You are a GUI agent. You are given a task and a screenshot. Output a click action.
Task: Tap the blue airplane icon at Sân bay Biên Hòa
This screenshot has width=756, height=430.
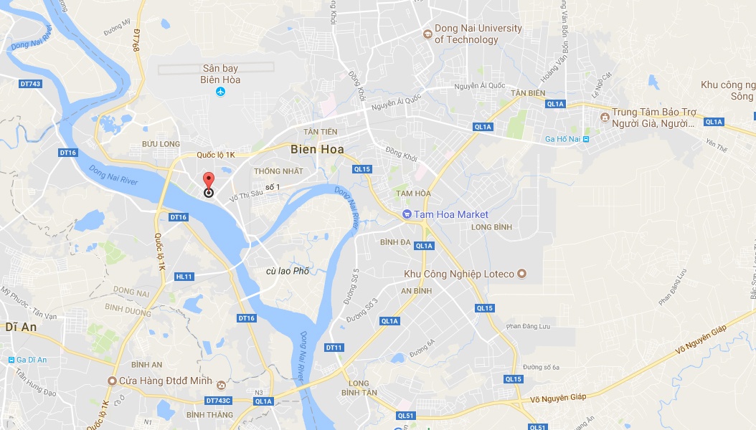coord(220,92)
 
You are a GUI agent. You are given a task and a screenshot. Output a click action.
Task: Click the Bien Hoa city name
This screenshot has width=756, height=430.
coord(317,149)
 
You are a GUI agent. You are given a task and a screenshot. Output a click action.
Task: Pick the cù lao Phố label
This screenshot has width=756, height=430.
coord(287,271)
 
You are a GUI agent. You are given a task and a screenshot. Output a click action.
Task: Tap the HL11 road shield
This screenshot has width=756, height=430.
coord(184,277)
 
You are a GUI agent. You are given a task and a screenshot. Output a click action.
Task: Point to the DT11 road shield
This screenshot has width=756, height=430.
coord(334,348)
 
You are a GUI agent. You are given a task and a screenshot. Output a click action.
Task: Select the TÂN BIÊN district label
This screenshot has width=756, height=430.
coord(528,93)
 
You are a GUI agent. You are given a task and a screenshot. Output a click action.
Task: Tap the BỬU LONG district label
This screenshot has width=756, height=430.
coord(161,144)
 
